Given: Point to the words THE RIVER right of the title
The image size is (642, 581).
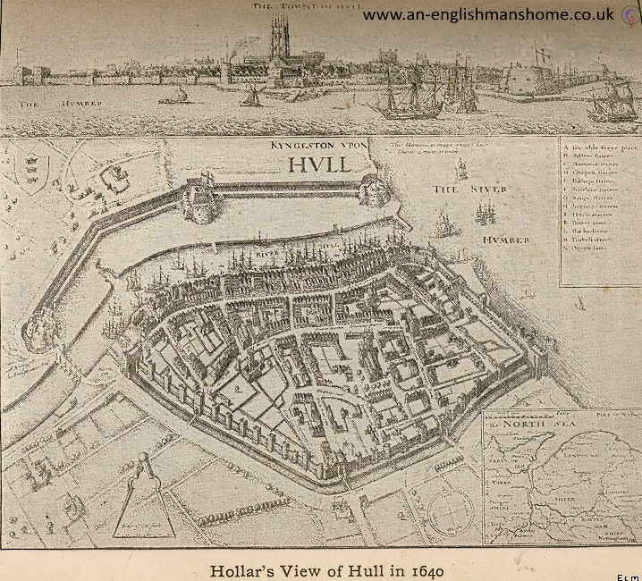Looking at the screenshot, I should point(469,189).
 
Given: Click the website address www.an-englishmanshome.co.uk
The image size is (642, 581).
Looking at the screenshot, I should point(487,15).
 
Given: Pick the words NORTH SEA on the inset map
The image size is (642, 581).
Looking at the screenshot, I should point(536,424).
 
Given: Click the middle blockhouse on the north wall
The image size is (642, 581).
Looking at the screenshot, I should point(200,199).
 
